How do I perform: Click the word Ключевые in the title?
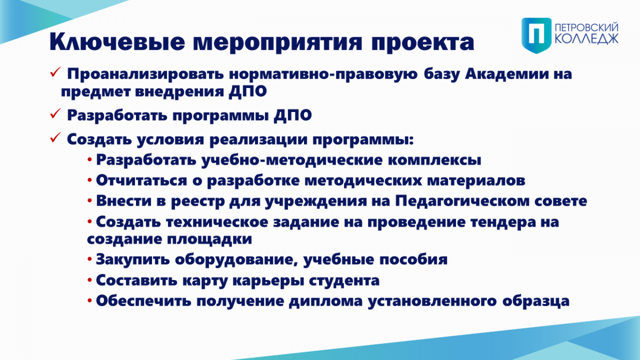[117, 42]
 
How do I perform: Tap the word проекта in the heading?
[423, 43]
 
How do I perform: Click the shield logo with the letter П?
[537, 35]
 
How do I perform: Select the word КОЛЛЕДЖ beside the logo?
[586, 38]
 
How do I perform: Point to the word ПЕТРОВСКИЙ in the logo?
[586, 27]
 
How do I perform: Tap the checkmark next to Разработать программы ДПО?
[55, 113]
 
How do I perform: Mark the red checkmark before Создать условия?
[55, 137]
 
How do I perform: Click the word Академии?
[507, 74]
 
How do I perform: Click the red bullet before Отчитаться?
[90, 180]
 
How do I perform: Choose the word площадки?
[210, 239]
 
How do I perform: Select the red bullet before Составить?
[90, 279]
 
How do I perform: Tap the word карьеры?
[268, 281]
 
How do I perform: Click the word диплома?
[326, 301]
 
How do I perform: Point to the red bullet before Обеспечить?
[90, 300]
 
